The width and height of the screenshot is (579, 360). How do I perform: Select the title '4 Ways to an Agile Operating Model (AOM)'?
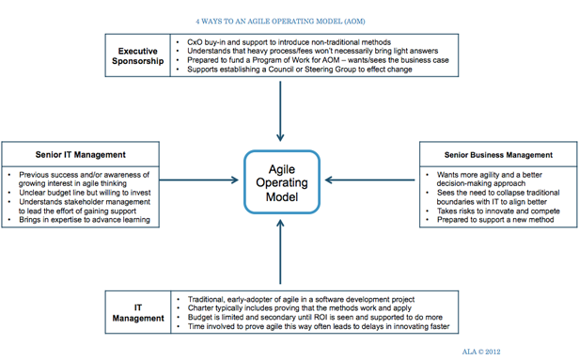tap(281, 19)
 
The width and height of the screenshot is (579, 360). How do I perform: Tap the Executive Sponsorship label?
tap(138, 55)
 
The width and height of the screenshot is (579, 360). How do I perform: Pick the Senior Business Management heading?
tap(497, 153)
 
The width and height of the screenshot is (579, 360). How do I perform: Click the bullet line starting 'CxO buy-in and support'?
tap(287, 42)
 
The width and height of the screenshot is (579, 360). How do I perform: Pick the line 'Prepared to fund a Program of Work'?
tap(316, 60)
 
